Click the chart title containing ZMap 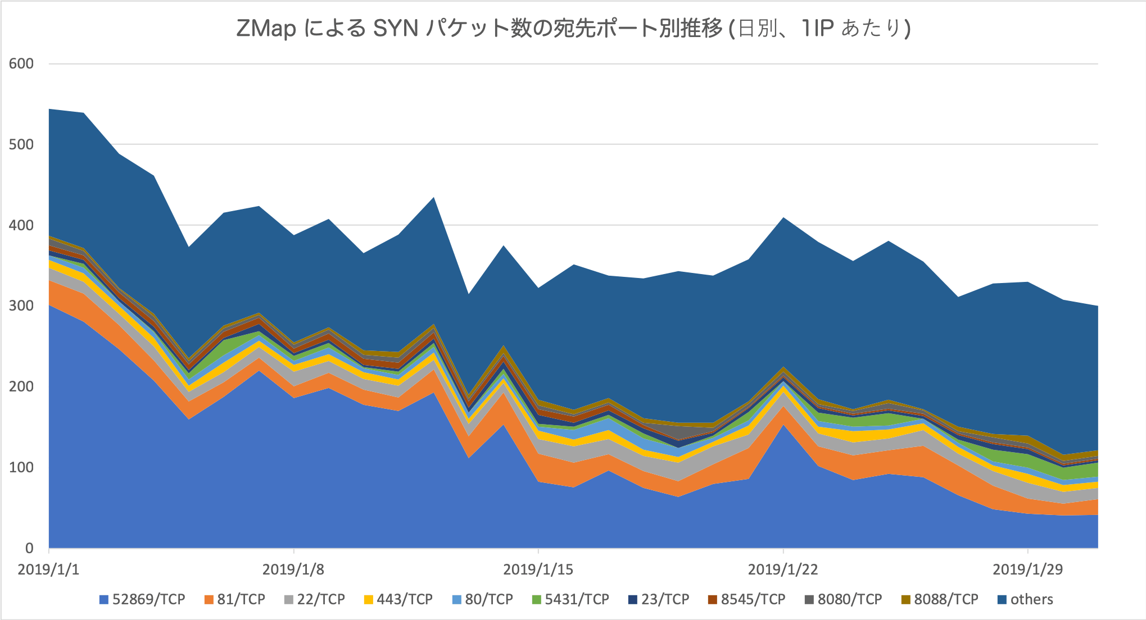pos(573,28)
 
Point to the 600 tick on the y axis pos(21,63)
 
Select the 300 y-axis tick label pos(21,306)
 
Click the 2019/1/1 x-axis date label pos(48,569)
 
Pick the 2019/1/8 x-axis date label pos(293,569)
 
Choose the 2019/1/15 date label pos(538,569)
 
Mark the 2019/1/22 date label pos(782,569)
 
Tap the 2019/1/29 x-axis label pos(1027,569)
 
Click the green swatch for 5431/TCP pos(536,600)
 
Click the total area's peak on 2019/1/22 pos(783,218)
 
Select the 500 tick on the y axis pos(21,144)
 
